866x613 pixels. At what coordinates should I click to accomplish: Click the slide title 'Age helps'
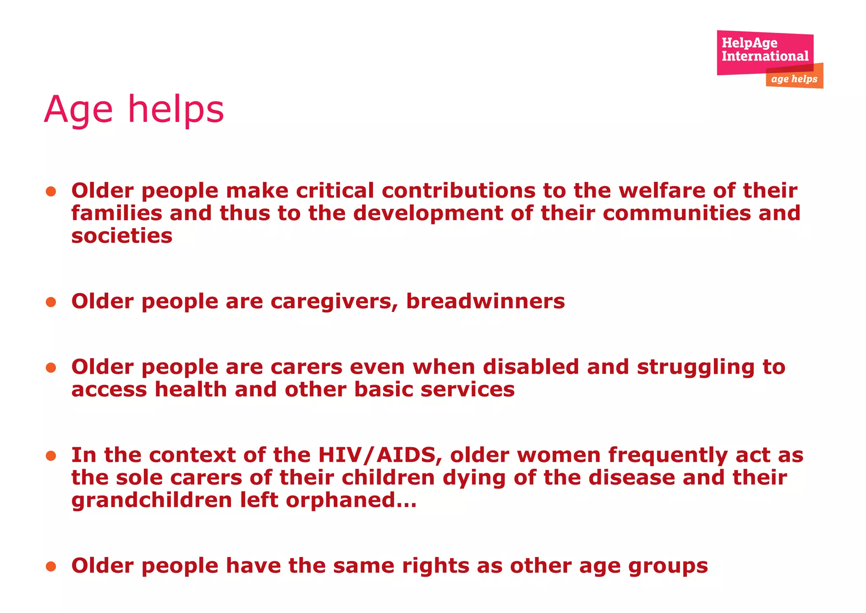[134, 109]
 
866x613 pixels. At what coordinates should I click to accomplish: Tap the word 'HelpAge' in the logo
[749, 43]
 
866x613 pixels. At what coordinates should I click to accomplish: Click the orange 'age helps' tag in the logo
[794, 79]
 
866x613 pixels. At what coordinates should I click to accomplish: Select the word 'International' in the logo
[765, 56]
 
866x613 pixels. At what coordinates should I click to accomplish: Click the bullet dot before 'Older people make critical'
[51, 192]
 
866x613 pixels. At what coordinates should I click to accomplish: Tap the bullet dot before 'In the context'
[51, 456]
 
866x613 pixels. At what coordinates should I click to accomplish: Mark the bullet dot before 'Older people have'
[51, 566]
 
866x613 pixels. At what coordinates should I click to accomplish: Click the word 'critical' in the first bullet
[335, 191]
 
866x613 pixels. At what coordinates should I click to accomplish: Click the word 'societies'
[122, 236]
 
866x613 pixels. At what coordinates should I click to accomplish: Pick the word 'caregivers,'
[334, 302]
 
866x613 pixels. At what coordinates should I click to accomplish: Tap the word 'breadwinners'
[485, 302]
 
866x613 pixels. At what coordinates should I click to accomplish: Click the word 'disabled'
[531, 367]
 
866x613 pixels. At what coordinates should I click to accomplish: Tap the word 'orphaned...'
[351, 501]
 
